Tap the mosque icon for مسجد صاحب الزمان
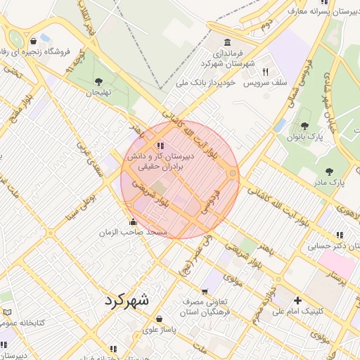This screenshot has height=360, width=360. tap(134, 222)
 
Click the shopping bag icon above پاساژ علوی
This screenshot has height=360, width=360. tap(160, 319)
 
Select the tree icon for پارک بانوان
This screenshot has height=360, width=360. tap(304, 126)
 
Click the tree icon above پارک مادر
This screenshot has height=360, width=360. tap(329, 171)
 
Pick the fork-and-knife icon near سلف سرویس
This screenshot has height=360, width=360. tap(265, 72)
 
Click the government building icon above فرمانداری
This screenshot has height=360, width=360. tap(227, 43)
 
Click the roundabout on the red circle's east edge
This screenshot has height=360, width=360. tap(232, 173)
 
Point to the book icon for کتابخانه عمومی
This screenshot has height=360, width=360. tap(7, 311)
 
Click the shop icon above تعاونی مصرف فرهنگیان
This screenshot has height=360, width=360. tap(205, 291)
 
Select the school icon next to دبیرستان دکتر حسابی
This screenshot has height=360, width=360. tap(340, 235)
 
